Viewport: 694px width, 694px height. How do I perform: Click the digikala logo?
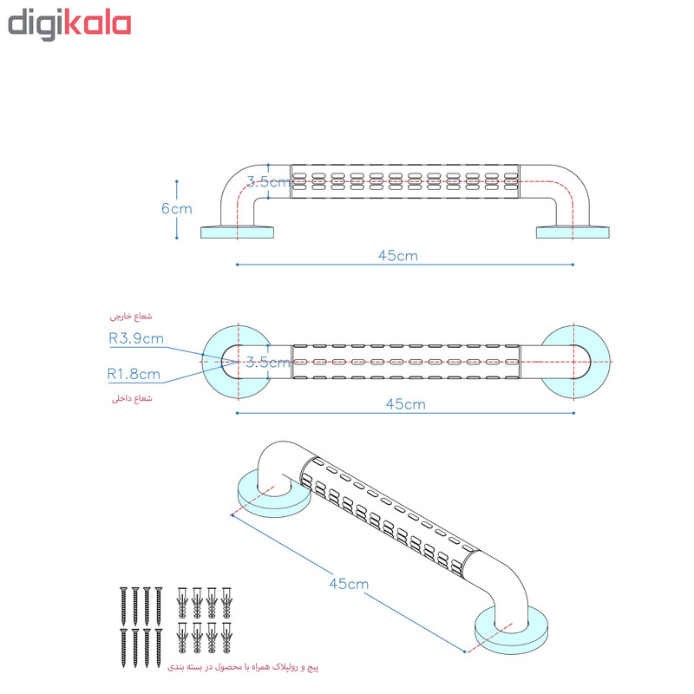tap(69, 26)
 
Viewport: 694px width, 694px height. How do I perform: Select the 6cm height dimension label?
tap(177, 208)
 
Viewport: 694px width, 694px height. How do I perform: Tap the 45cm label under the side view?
tap(398, 256)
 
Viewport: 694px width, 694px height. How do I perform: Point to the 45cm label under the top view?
tap(405, 404)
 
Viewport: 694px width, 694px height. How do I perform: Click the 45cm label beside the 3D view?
tap(349, 584)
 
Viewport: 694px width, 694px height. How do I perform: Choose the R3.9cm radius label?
tap(136, 338)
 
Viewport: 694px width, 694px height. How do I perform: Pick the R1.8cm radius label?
tap(134, 375)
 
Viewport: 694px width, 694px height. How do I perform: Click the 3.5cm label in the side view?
tap(268, 182)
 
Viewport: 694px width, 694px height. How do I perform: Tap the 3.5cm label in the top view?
tap(268, 363)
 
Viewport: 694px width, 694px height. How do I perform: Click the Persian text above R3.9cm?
tap(131, 316)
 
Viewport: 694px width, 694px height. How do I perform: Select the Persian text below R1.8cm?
tap(132, 398)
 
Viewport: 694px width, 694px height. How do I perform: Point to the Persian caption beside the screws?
tap(243, 666)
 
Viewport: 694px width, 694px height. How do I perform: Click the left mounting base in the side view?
tap(237, 232)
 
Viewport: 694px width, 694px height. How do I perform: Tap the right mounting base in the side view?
tap(573, 232)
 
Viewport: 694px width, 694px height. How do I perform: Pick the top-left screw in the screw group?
tap(123, 600)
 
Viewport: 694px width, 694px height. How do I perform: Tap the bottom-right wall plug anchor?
tap(226, 638)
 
